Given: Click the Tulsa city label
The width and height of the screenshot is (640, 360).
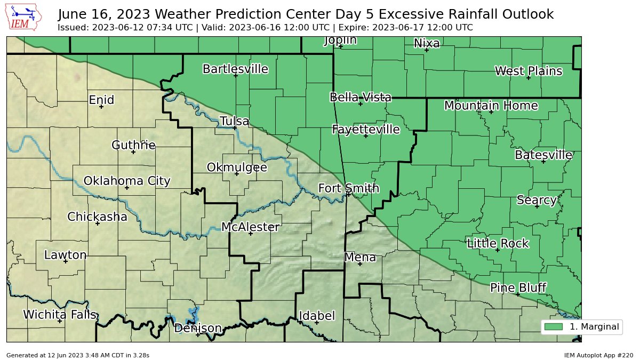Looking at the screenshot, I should coord(234,122).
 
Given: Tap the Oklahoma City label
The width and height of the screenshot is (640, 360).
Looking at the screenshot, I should coord(127,181).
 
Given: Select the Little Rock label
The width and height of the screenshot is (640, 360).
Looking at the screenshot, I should coord(498,244).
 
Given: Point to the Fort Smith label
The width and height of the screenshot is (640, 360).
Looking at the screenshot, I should coord(349,188).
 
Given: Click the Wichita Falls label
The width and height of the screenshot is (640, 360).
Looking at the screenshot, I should coord(60,315).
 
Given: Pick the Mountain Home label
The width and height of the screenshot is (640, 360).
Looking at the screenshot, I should coord(491,106).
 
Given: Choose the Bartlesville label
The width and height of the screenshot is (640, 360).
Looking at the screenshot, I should coord(235,69).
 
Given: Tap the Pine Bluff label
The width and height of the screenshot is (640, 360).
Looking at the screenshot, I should coord(518,288).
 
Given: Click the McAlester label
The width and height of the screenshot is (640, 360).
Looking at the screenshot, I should coord(250,227).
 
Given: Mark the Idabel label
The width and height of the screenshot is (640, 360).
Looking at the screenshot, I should coord(317,316).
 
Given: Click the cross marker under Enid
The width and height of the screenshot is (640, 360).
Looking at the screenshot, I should coord(101,107).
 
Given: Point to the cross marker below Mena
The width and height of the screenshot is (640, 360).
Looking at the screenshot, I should coord(360,263).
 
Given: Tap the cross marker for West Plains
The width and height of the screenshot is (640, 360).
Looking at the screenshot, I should coord(529,78).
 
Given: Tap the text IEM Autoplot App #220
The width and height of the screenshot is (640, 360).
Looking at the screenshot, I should coord(598,355).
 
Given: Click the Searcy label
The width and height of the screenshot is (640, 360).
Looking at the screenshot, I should coord(537,200).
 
